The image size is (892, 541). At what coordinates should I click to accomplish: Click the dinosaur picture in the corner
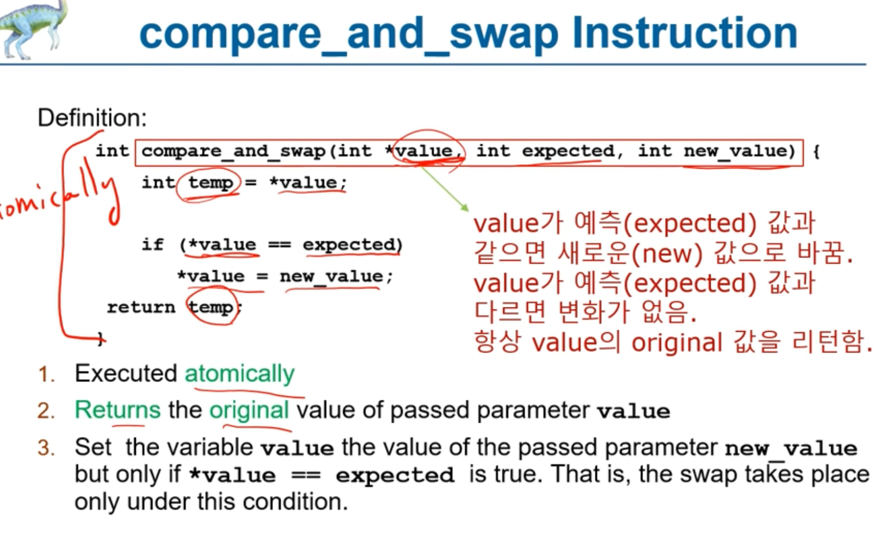pos(32,29)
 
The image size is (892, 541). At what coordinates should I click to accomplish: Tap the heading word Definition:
pos(92,118)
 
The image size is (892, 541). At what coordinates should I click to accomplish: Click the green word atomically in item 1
pos(240,375)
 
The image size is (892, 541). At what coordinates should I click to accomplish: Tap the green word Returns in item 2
pos(118,410)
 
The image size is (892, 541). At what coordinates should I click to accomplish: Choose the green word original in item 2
pos(249,411)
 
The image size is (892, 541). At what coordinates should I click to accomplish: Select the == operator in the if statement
pos(280,244)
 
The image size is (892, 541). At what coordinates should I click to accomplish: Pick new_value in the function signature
pos(735,151)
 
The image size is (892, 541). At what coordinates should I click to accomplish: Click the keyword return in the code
pos(141,307)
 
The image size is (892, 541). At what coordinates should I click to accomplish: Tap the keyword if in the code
pos(153,244)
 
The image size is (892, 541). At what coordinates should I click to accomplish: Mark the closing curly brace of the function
pos(101,339)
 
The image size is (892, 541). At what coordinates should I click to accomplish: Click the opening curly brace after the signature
pos(816,152)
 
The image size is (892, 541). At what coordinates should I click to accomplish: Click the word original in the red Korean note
pos(677,343)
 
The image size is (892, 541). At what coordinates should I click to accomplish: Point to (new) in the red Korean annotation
pos(667,254)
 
